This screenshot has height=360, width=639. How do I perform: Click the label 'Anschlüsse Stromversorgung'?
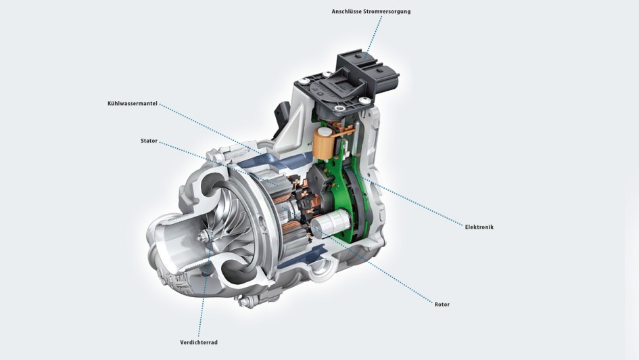[x=371, y=12]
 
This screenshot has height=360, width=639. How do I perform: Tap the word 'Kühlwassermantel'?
[x=133, y=104]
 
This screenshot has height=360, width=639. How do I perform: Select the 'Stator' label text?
[x=149, y=141]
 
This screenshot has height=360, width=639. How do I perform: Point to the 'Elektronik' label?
[x=479, y=227]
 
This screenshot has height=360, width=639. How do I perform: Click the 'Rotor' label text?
[x=442, y=304]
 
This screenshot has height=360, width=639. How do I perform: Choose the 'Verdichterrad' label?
[x=199, y=342]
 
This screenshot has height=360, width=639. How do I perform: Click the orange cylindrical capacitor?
[x=323, y=143]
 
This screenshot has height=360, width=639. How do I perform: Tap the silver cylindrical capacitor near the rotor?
[x=331, y=223]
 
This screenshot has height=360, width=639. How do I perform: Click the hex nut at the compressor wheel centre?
[x=204, y=236]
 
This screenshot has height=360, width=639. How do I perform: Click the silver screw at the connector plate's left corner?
[x=304, y=82]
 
